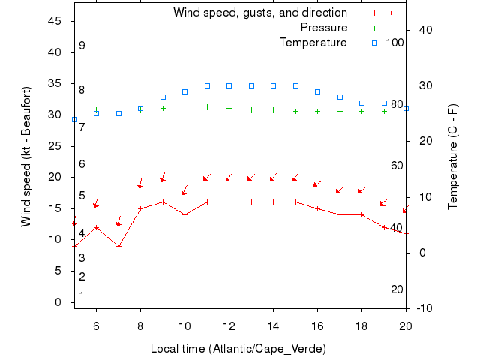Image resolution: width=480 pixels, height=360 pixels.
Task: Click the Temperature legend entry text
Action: tap(313, 42)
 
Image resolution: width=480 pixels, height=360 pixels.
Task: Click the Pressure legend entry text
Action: tap(324, 28)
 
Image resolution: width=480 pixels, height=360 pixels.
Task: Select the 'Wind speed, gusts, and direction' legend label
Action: tap(259, 13)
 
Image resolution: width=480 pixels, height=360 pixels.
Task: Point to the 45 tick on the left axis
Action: tap(55, 21)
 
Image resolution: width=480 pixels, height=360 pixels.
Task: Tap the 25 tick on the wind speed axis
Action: tap(55, 145)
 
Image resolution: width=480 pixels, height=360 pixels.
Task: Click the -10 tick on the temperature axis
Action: tap(423, 307)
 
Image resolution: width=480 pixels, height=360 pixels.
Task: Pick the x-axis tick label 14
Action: tap(273, 325)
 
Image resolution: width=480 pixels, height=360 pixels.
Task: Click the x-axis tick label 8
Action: tap(140, 325)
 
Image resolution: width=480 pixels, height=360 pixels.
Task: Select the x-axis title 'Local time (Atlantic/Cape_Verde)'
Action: tap(238, 349)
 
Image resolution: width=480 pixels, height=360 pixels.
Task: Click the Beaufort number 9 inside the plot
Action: tap(82, 46)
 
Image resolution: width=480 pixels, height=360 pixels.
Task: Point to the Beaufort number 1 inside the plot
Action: tap(82, 295)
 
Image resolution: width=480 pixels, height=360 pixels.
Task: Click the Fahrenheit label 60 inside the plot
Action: tap(397, 165)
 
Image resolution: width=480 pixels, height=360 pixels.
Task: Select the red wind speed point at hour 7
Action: tap(118, 246)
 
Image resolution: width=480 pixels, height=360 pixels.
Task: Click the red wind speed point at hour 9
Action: tap(163, 202)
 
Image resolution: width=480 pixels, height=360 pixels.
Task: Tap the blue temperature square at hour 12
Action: tap(229, 85)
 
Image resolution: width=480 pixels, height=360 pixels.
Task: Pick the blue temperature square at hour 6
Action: tap(96, 113)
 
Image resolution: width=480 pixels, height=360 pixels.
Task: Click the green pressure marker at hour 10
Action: tap(184, 106)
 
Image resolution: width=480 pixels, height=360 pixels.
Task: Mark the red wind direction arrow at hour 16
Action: tap(317, 184)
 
